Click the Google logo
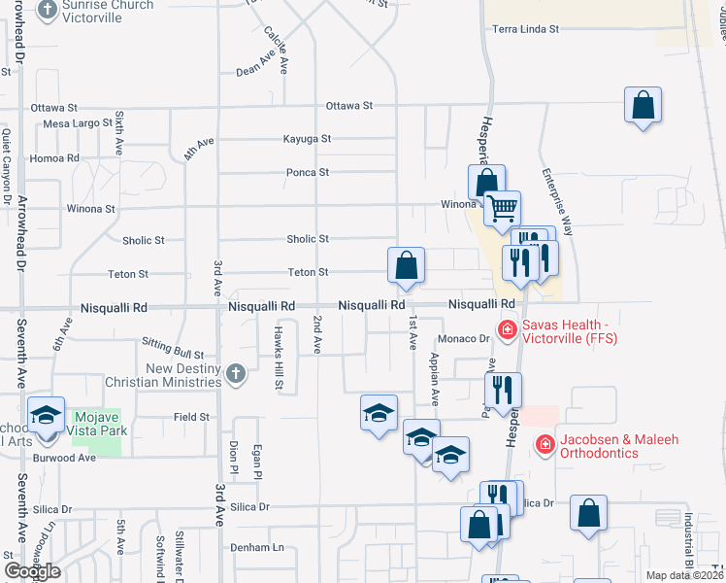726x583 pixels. click(x=31, y=571)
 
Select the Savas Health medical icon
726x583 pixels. click(x=506, y=331)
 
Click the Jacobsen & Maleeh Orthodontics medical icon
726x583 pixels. click(x=544, y=446)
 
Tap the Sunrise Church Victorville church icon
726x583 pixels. click(x=48, y=11)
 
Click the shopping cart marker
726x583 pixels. click(x=502, y=208)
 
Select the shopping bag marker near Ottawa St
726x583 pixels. click(x=643, y=106)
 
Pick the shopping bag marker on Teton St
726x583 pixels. click(x=406, y=265)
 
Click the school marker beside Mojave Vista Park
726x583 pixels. click(x=45, y=416)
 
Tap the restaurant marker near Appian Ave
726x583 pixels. click(x=503, y=390)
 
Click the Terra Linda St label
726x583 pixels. click(x=526, y=29)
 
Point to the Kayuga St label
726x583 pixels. click(x=307, y=139)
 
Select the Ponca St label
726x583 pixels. click(x=308, y=172)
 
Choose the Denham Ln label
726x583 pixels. click(x=256, y=547)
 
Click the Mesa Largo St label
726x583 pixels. click(x=79, y=123)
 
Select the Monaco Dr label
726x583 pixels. click(x=462, y=338)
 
